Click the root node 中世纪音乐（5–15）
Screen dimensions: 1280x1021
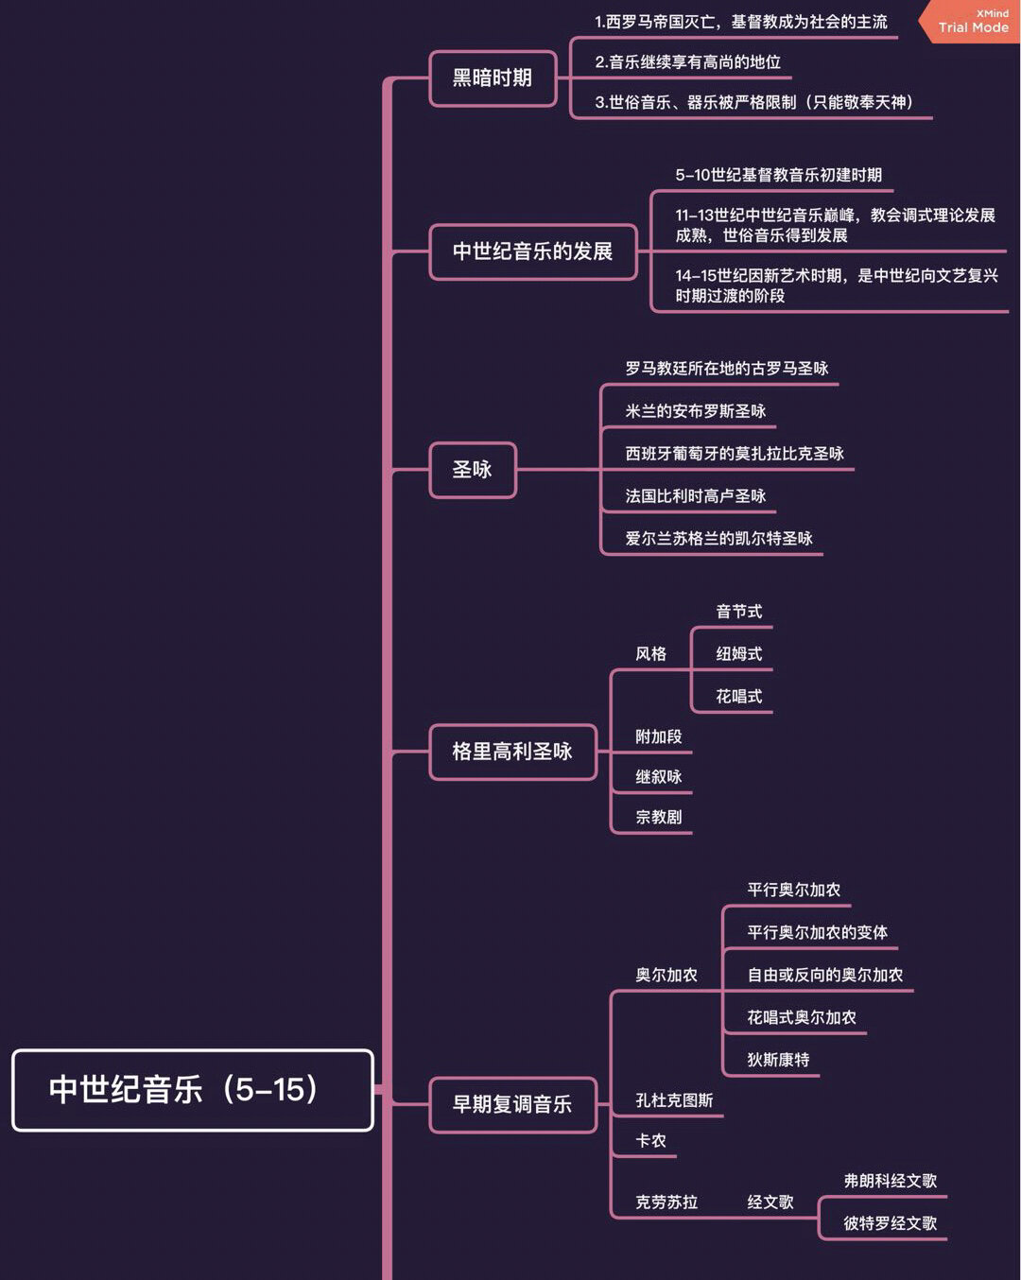(x=192, y=1090)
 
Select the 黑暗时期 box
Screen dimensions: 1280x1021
(x=493, y=78)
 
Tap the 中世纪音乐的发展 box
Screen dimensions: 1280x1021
(x=532, y=251)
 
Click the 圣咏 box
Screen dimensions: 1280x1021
(x=473, y=470)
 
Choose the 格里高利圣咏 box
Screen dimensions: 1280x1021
(x=512, y=752)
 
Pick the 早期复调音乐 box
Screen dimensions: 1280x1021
(x=512, y=1104)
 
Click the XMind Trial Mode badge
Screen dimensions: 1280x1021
(x=972, y=22)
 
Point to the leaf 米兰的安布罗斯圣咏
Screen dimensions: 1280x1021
(x=695, y=411)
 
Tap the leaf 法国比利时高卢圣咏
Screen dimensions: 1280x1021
(x=695, y=496)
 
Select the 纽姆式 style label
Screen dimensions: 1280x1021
(x=738, y=654)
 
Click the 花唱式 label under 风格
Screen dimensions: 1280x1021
(x=738, y=697)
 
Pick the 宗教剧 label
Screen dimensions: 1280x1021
(x=658, y=817)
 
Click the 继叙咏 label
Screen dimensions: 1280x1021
(x=658, y=777)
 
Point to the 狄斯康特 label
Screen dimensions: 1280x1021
(x=778, y=1060)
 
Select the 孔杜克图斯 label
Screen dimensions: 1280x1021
(x=674, y=1100)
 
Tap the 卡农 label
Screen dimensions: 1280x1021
(x=650, y=1141)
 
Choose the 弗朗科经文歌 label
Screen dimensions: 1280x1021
(x=890, y=1181)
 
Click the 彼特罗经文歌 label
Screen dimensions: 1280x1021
(x=890, y=1223)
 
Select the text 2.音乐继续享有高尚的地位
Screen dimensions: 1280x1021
(x=687, y=62)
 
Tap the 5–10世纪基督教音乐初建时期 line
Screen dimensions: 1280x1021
(x=778, y=175)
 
